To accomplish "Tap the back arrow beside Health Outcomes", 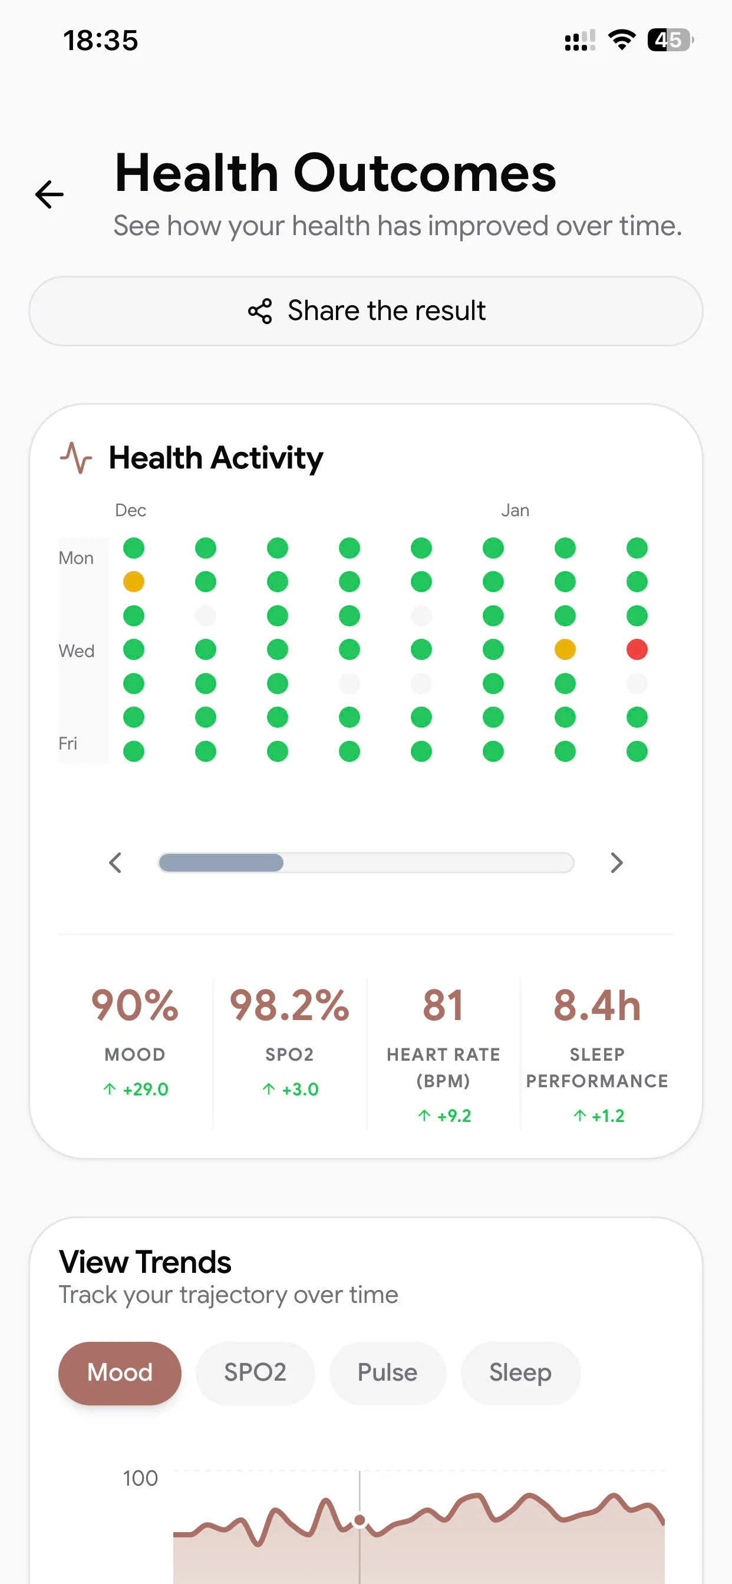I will click(x=49, y=195).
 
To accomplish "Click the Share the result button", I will click(x=366, y=311).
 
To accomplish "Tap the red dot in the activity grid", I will click(x=637, y=649).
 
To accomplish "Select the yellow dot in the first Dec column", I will click(x=133, y=582).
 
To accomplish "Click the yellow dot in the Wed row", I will click(x=565, y=649).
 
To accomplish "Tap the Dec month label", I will click(x=130, y=510).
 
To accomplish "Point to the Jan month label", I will click(x=515, y=510).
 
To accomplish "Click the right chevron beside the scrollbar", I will click(x=616, y=863).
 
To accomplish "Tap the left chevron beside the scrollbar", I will click(x=115, y=863).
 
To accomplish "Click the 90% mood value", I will click(x=135, y=1006).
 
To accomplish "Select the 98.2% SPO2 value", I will click(x=289, y=1006).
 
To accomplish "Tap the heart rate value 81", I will click(x=443, y=1006).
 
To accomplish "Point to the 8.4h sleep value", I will click(x=596, y=1006).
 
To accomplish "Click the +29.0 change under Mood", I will click(x=136, y=1090).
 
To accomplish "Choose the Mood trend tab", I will click(x=120, y=1373).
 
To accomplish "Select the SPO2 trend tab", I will click(x=255, y=1373).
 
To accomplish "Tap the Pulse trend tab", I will click(x=388, y=1373).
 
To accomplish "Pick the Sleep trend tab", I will click(x=520, y=1373).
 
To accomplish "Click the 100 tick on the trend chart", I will click(x=140, y=1479).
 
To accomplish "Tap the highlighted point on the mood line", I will click(x=360, y=1520).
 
